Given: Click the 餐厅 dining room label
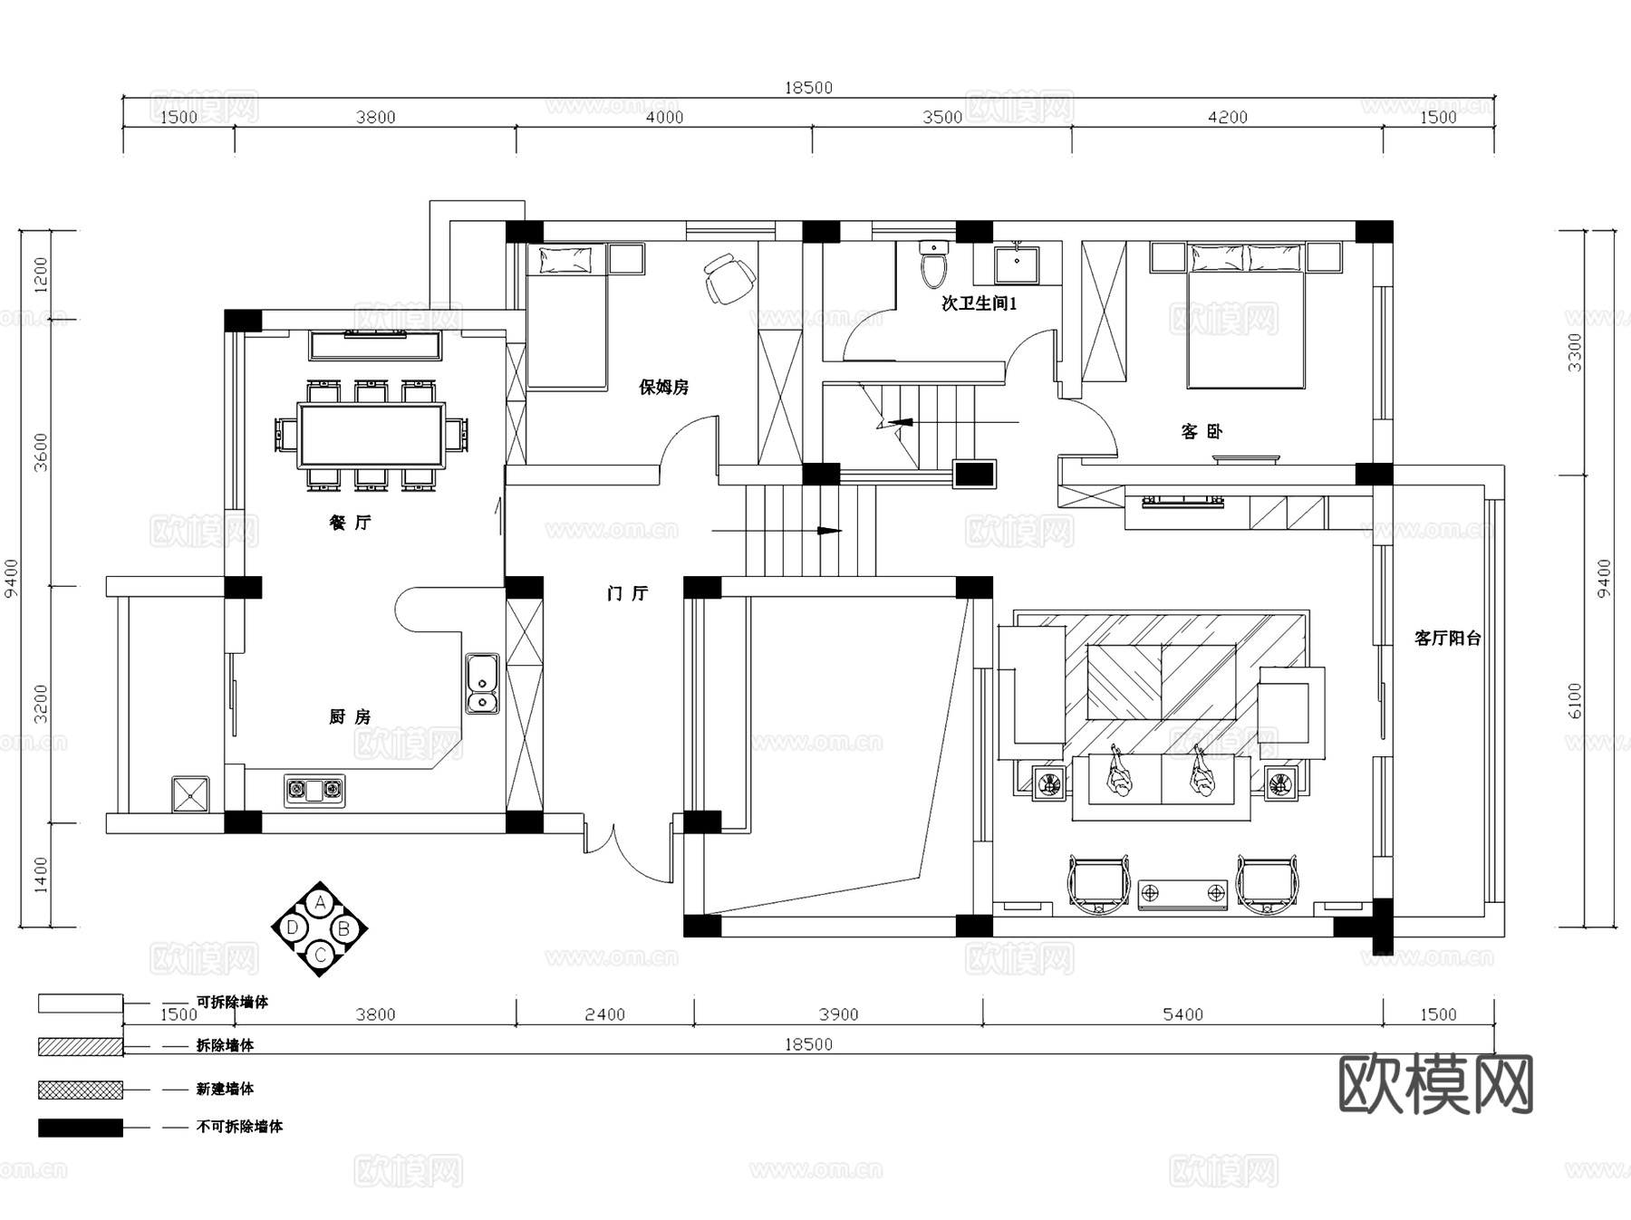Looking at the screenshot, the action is tap(350, 523).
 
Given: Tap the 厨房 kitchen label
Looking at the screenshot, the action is tap(350, 717).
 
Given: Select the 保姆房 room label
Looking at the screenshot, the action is tap(664, 388).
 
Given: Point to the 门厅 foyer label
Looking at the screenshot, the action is tap(628, 593).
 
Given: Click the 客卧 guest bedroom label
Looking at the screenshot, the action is tap(1202, 432).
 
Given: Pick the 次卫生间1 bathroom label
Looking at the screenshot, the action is tap(980, 303).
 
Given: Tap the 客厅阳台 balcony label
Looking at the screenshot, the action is tap(1447, 639).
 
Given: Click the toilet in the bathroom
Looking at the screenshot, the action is tap(933, 264).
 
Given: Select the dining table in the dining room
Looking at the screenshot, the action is tap(372, 436).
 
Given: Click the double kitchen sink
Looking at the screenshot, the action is tap(482, 684).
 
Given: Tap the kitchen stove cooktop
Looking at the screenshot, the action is tap(314, 791).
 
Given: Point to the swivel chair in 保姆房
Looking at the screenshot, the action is tap(729, 278).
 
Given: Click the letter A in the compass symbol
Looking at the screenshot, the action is tap(319, 903).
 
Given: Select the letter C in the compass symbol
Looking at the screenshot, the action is tap(319, 955).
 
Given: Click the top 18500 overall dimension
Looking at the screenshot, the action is tap(808, 88).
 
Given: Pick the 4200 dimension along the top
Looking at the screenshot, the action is tap(1228, 117).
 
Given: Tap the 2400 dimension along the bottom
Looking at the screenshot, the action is tap(604, 1014).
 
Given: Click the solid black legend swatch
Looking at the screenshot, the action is tap(81, 1128).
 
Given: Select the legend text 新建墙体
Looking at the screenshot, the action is tap(225, 1089).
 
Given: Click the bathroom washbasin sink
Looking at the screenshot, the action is tap(1016, 264).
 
